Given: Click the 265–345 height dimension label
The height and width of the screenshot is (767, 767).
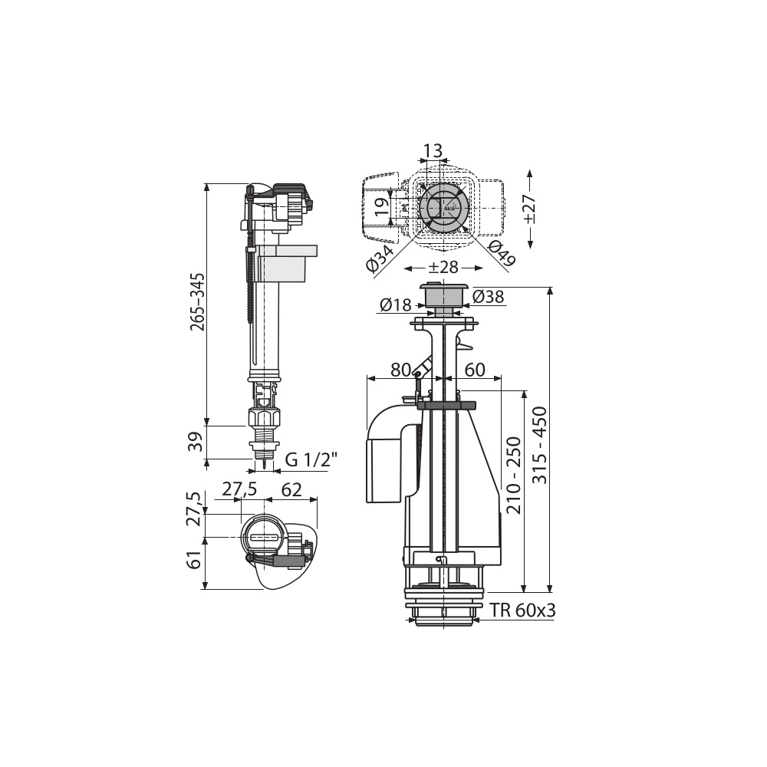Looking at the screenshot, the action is pyautogui.click(x=198, y=301).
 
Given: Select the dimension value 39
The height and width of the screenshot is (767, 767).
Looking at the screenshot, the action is pyautogui.click(x=196, y=442).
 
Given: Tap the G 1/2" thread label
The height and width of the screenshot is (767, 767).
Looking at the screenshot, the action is pyautogui.click(x=311, y=459).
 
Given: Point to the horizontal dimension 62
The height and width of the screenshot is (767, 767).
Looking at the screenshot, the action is pyautogui.click(x=291, y=489).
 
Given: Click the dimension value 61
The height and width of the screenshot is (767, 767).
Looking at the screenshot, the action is pyautogui.click(x=195, y=559).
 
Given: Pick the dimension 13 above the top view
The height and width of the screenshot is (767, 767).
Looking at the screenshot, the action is pyautogui.click(x=433, y=150).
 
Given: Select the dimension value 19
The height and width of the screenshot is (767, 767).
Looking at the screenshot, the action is pyautogui.click(x=382, y=207).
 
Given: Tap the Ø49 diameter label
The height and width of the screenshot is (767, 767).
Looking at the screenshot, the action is pyautogui.click(x=502, y=253).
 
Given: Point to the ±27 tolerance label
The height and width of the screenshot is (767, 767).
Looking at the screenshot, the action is pyautogui.click(x=530, y=209).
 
